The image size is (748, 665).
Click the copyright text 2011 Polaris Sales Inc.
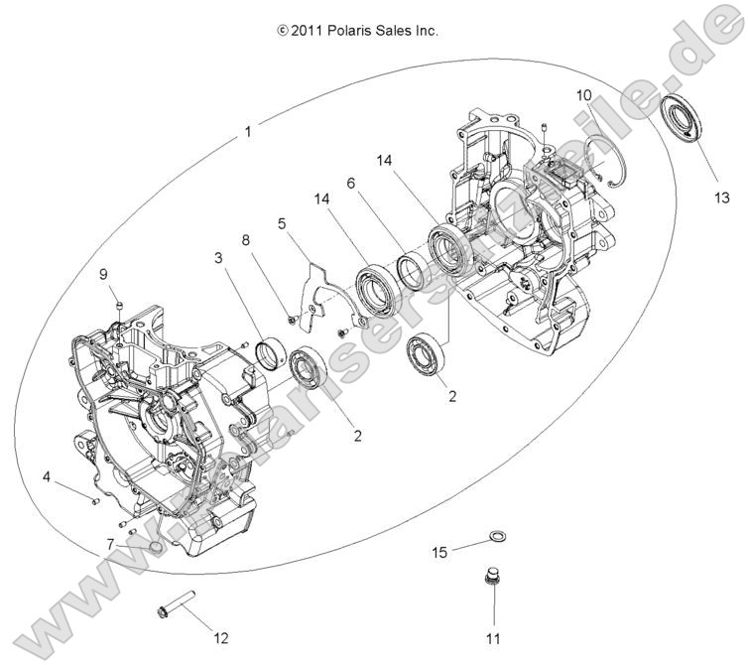(x=358, y=31)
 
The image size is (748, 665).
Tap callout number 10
(x=584, y=95)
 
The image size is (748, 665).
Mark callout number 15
(x=439, y=552)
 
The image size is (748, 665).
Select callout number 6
(x=350, y=184)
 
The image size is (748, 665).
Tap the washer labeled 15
(x=498, y=539)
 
